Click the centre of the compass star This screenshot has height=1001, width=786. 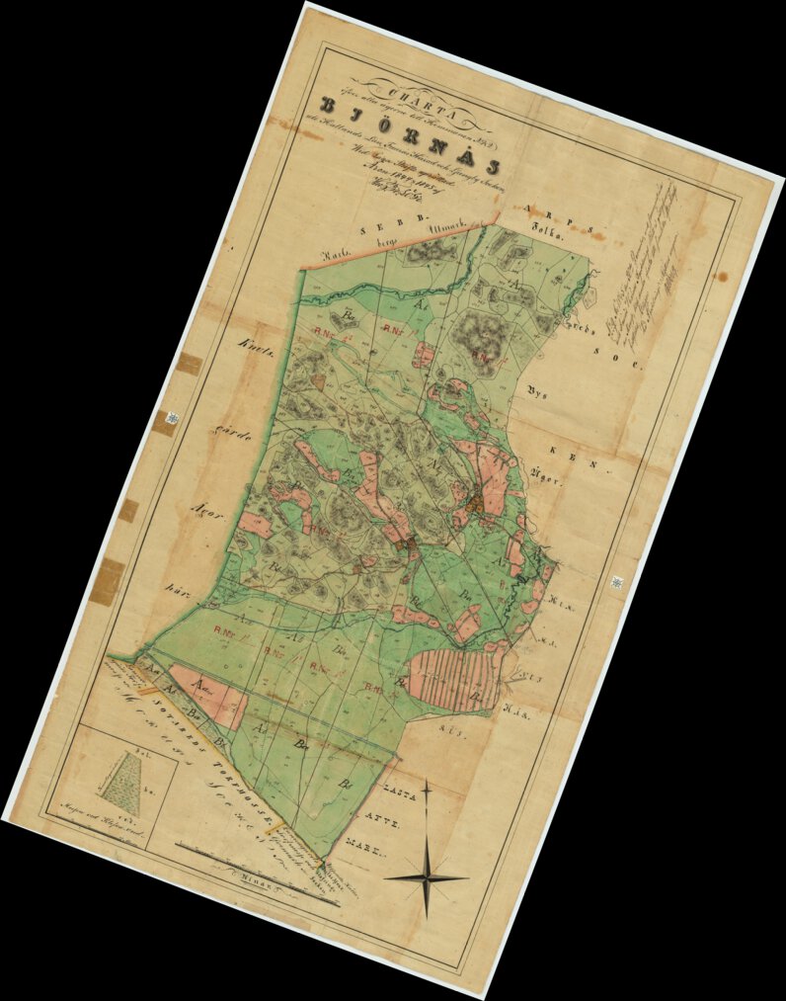(x=427, y=876)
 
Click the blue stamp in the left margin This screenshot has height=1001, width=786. (x=173, y=421)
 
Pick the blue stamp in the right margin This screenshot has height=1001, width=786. (x=617, y=583)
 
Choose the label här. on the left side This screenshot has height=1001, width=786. (x=179, y=594)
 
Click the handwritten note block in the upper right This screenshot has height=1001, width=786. (x=647, y=257)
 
